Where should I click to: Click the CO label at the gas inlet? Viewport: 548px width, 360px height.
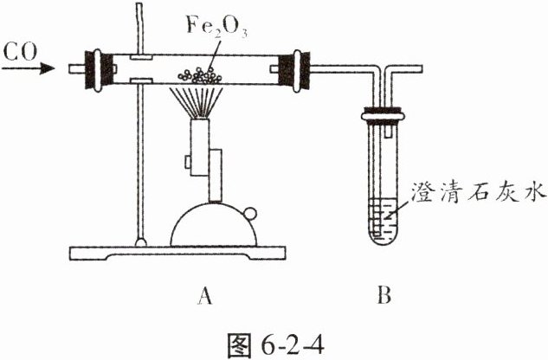tap(20, 52)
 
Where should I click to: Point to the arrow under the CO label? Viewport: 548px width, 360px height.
tap(29, 67)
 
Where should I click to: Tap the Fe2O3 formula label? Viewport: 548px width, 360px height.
tap(216, 26)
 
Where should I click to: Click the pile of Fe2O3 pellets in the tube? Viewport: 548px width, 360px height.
tap(200, 75)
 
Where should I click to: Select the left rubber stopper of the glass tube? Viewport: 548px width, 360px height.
tap(99, 70)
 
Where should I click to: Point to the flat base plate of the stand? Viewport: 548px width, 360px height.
tap(177, 253)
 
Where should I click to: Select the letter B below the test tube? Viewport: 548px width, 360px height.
tap(384, 295)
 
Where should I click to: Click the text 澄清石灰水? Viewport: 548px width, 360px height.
tap(478, 191)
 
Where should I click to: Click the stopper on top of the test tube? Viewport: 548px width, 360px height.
tap(383, 115)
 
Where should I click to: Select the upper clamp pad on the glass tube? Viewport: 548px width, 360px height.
tap(141, 57)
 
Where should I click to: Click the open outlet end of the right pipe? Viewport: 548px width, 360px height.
tap(421, 69)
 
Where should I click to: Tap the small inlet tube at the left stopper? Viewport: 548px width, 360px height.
tap(77, 69)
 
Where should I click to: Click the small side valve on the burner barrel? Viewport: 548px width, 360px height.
tap(188, 162)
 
